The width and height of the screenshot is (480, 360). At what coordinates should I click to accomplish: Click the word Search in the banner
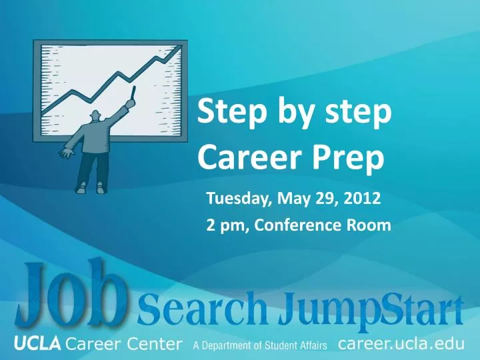(203, 310)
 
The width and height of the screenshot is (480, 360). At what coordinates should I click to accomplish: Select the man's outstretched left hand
(67, 153)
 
